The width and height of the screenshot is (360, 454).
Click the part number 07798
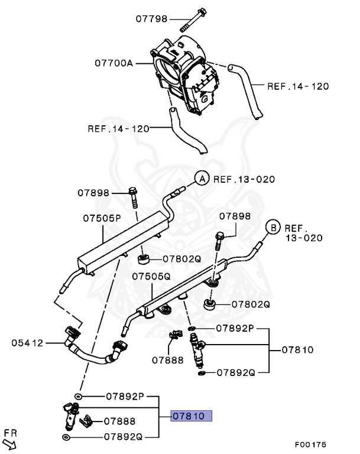tap(152, 18)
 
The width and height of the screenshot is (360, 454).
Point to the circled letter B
tap(272, 227)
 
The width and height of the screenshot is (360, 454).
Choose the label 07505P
tap(102, 218)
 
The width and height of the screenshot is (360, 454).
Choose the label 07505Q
tap(151, 276)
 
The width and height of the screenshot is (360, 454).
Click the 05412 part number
tap(28, 342)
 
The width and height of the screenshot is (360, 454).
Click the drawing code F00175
tap(310, 445)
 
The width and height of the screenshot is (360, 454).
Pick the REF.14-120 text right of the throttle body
tap(298, 86)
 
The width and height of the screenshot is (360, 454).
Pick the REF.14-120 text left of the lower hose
tap(118, 127)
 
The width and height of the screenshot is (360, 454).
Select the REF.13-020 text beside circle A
tap(244, 179)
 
